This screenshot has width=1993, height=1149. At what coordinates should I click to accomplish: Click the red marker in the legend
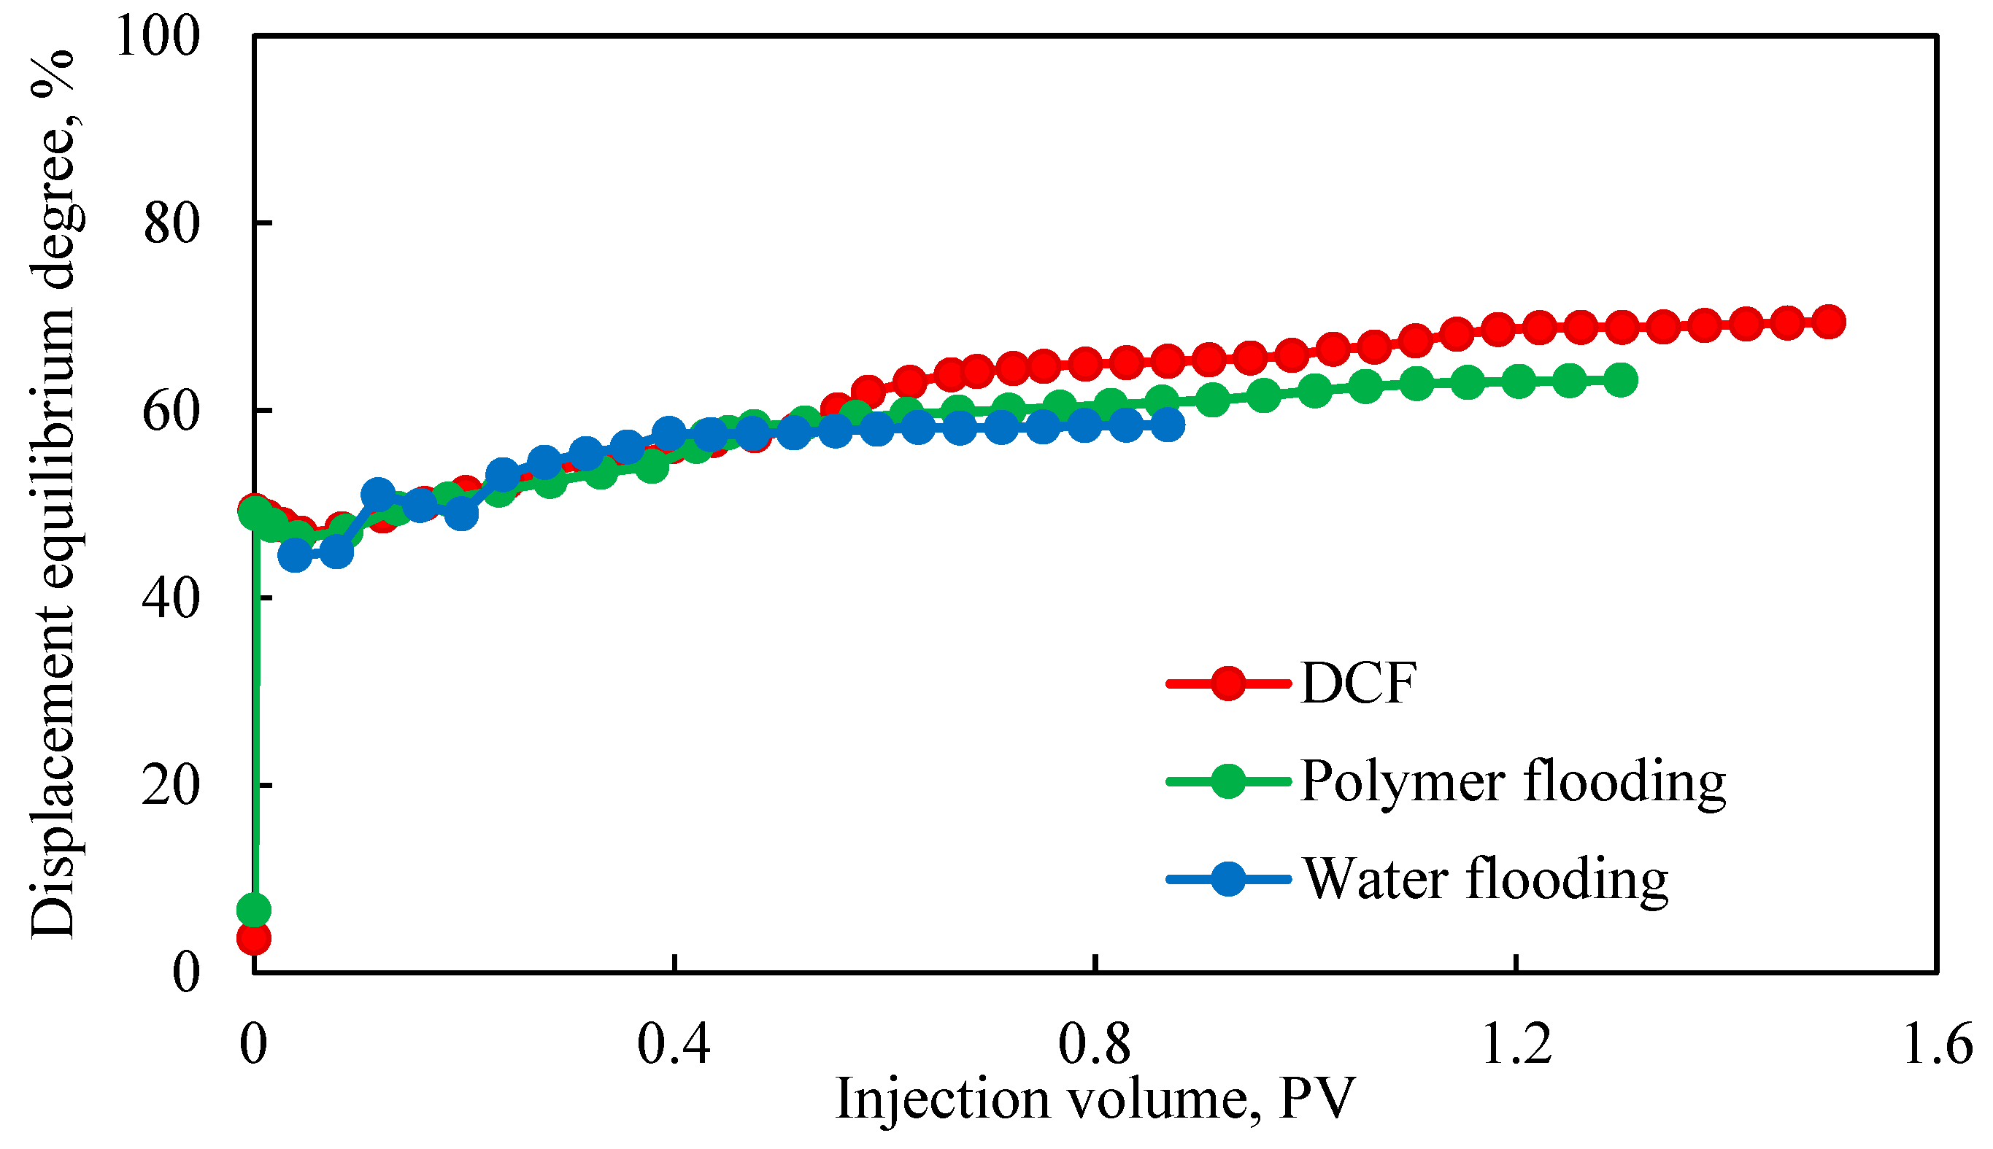coord(1228,683)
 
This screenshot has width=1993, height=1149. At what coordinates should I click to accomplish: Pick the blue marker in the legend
coord(1228,878)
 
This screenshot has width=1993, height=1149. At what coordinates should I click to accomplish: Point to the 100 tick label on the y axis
coord(157,36)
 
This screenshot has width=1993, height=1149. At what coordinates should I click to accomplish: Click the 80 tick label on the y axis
coord(171,224)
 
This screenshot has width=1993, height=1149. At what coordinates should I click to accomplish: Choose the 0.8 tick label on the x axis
coord(1095,1045)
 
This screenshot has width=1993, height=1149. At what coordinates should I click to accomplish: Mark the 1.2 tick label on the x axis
coord(1516,1045)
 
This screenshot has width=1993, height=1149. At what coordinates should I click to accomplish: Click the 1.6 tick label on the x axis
coord(1937,1045)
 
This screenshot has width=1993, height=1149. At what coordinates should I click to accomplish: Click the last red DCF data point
coord(1829,322)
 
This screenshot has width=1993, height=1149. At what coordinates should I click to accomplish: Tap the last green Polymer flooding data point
coord(1620,380)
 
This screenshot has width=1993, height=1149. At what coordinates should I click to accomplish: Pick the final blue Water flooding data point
coord(1168,425)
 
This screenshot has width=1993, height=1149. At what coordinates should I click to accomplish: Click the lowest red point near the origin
coord(254,938)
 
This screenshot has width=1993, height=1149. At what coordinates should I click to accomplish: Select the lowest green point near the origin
coord(254,910)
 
